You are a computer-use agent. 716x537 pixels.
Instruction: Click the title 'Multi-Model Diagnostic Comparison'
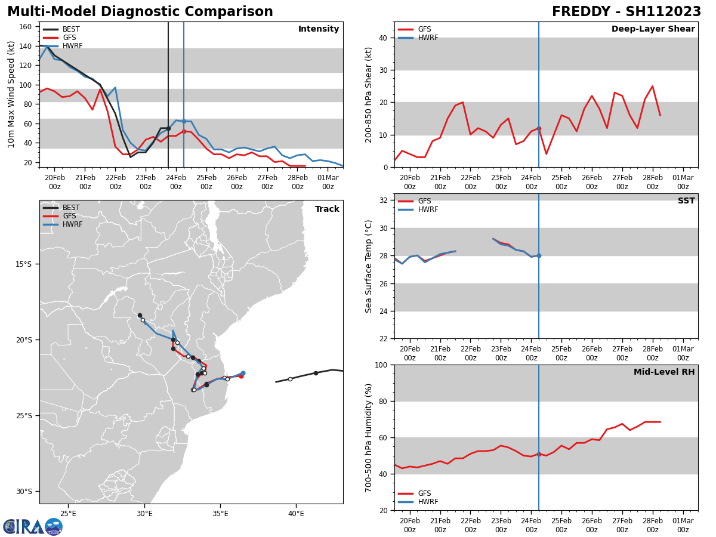coord(140,12)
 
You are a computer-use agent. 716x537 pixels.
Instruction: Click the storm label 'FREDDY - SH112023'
coord(626,12)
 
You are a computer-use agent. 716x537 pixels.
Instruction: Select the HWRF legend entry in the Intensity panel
coord(72,46)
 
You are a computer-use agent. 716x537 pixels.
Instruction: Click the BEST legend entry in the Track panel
coord(71,208)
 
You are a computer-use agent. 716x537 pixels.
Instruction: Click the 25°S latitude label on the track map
coord(29,416)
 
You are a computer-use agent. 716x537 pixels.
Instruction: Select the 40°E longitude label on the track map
coord(296,514)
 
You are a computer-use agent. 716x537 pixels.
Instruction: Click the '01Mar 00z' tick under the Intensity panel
coord(328,182)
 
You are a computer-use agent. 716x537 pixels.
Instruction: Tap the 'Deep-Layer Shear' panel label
coord(653,29)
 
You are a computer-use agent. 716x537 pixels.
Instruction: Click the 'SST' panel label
coord(686,201)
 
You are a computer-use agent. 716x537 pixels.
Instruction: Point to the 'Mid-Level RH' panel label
coord(664,372)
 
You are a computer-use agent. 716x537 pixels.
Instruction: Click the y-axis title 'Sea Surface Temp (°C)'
coord(369,266)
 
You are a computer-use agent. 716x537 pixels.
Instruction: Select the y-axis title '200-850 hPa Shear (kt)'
coord(369,94)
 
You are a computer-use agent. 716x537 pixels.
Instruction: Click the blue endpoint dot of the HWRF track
coord(243,373)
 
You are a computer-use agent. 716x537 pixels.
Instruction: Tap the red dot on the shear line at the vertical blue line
coord(539,128)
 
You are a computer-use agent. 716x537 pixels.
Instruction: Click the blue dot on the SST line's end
coord(539,255)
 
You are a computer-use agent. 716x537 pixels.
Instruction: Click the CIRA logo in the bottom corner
coord(32,527)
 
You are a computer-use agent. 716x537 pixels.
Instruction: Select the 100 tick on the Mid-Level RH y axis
coord(382,365)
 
